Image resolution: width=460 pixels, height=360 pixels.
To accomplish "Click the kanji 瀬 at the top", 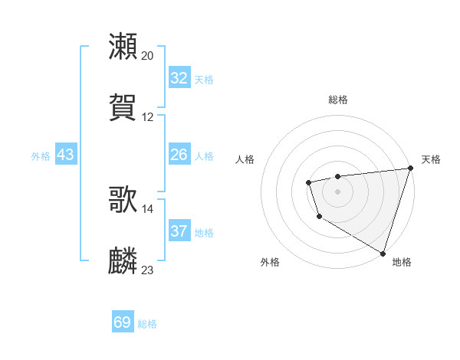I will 123,47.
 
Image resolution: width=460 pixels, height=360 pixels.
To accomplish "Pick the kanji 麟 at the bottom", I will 123,260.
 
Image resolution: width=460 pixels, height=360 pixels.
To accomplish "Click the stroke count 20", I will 148,56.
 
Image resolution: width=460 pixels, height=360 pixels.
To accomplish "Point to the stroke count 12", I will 148,117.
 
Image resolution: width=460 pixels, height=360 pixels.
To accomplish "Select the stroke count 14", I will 148,208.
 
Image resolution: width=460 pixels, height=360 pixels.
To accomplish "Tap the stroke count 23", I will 148,270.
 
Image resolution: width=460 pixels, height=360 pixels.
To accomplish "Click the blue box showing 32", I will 179,78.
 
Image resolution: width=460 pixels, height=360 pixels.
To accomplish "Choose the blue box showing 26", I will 179,155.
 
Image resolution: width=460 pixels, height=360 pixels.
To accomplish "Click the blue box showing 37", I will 179,231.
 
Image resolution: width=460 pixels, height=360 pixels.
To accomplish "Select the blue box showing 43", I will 66,155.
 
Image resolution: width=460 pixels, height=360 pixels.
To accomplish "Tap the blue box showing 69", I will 123,322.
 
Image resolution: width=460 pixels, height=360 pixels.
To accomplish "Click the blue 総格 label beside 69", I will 147,324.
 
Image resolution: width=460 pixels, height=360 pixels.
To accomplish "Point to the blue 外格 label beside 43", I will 41,156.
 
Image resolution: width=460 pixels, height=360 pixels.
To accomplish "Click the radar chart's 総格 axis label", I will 337,100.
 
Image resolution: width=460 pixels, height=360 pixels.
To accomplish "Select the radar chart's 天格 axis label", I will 431,159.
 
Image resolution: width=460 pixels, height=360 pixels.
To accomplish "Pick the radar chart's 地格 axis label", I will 402,262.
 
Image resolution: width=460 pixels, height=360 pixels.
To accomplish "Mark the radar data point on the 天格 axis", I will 410,169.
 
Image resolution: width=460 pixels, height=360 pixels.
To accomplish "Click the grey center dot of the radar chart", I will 337,191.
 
